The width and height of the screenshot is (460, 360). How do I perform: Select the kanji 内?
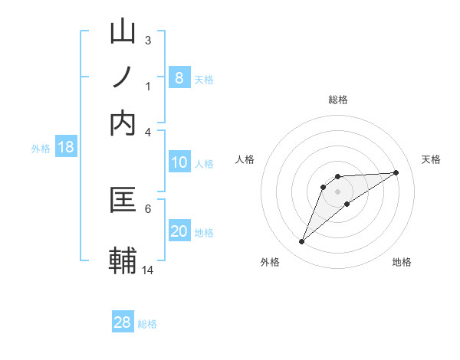(x=123, y=123)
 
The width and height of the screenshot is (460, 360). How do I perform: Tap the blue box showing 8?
(x=179, y=77)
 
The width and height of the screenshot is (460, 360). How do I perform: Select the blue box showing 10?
(x=179, y=162)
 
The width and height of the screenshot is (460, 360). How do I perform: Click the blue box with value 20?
(x=179, y=231)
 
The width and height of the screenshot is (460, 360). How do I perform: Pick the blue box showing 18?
(x=66, y=148)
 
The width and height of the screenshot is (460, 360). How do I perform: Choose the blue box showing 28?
(x=123, y=322)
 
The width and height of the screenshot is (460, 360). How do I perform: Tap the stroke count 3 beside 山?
(x=147, y=40)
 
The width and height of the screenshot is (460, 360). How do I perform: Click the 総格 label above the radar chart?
(x=337, y=100)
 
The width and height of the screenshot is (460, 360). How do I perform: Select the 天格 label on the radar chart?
(x=431, y=159)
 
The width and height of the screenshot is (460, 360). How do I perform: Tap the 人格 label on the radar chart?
(x=245, y=159)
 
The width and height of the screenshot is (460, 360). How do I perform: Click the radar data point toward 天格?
(x=396, y=172)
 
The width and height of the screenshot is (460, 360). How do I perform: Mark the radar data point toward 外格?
(x=301, y=242)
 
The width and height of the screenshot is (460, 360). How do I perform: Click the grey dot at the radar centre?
(x=337, y=191)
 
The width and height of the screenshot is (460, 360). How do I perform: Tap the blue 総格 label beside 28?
(x=148, y=324)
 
